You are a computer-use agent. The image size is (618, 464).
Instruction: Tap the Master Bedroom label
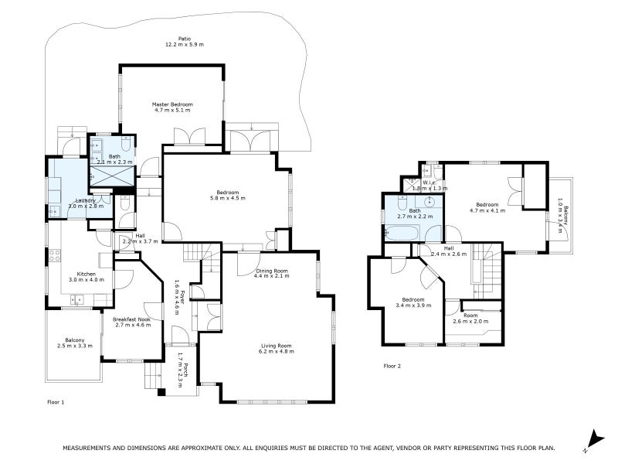(x=171, y=107)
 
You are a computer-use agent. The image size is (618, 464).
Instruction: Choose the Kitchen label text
(x=86, y=277)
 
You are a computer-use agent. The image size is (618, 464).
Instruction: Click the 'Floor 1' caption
(x=56, y=402)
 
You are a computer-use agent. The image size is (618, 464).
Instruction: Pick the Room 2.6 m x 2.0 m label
(x=470, y=318)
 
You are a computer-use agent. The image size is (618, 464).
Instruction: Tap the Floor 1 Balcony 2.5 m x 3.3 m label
(x=75, y=343)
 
